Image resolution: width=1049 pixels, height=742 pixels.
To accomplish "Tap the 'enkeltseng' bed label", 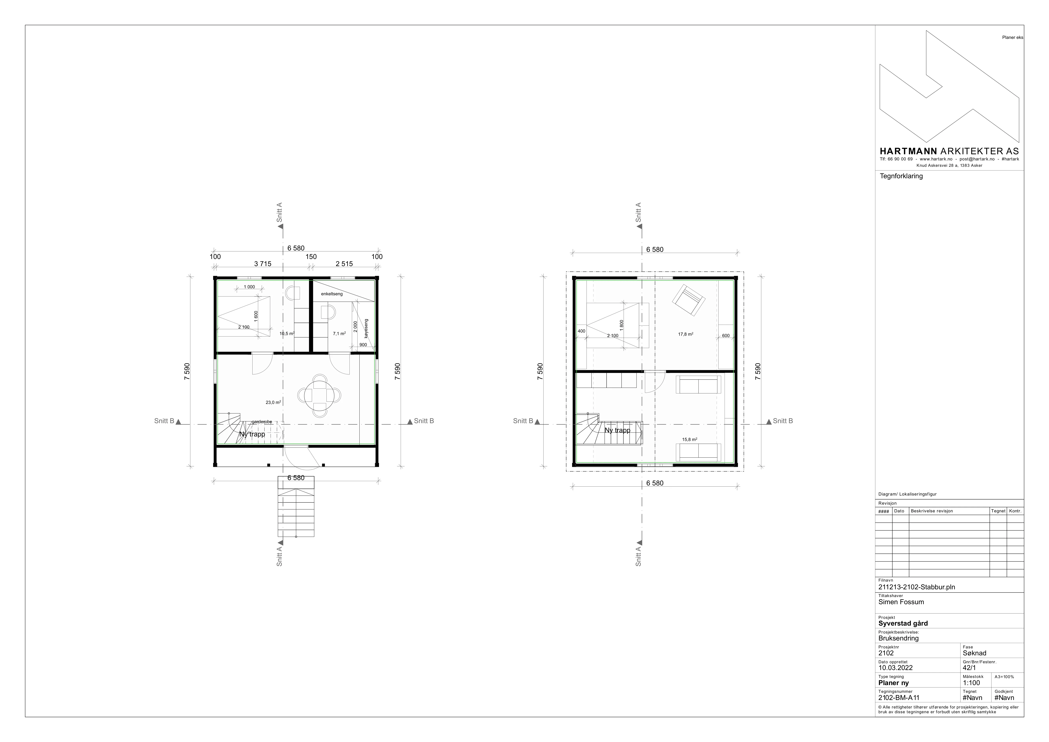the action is (x=332, y=294).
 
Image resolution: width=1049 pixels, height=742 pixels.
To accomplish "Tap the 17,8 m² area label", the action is (x=686, y=334).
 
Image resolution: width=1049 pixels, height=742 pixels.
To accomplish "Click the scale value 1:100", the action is (x=971, y=683).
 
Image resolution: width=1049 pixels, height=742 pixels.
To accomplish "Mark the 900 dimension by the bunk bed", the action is (x=363, y=345).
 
